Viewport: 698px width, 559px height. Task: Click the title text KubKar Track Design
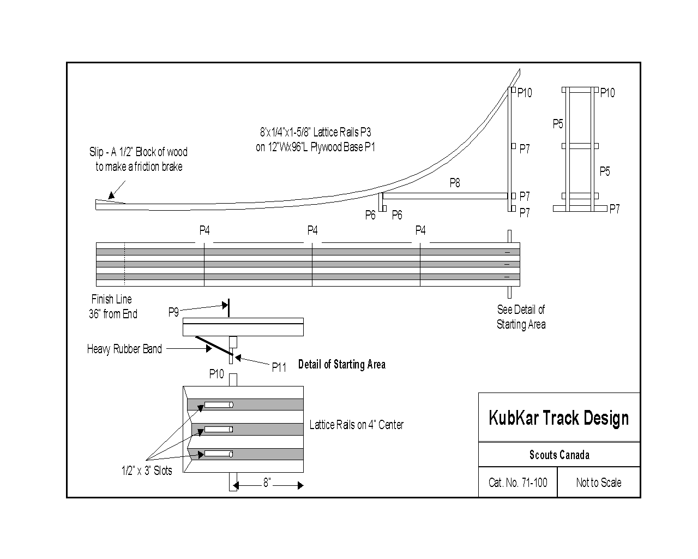pos(558,418)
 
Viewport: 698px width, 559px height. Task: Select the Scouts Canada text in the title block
pos(559,455)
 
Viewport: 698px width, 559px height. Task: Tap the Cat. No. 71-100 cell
pos(518,483)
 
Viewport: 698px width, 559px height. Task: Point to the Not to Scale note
pos(598,483)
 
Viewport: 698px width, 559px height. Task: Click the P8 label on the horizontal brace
pos(454,183)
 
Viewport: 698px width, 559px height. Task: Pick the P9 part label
pos(173,312)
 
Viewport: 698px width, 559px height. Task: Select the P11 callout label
pos(279,368)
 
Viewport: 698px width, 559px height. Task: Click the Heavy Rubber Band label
pos(124,349)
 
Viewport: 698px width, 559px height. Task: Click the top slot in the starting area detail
pos(219,405)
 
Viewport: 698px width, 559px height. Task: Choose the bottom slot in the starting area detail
pos(219,454)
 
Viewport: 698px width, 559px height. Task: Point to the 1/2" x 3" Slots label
pos(146,471)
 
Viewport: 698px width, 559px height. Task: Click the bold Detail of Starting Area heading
pos(341,365)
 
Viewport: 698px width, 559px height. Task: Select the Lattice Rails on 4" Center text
pos(356,425)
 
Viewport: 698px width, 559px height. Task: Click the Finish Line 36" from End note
pos(112,306)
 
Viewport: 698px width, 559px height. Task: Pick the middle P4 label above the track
pos(312,230)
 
